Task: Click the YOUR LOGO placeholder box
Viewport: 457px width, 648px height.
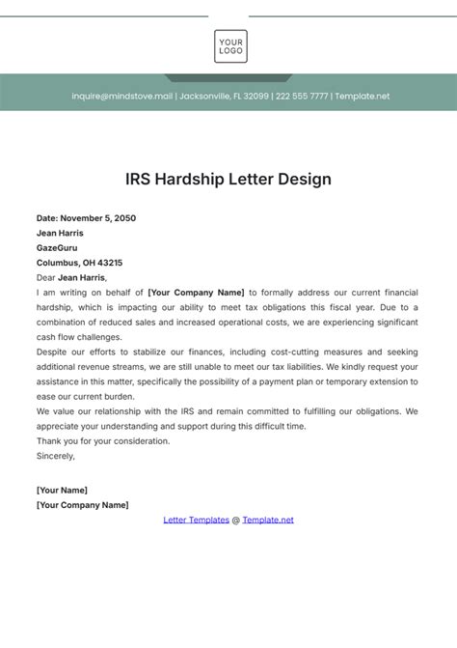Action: (x=230, y=46)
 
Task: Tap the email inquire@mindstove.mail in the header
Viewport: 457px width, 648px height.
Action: (x=121, y=96)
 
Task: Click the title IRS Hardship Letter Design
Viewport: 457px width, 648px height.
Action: (x=228, y=180)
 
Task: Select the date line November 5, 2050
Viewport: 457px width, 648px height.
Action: (x=86, y=218)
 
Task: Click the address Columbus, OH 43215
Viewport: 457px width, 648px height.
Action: (x=79, y=263)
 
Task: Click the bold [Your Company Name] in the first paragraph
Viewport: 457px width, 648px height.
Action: (x=197, y=292)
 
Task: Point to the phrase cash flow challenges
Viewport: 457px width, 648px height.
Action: (x=79, y=337)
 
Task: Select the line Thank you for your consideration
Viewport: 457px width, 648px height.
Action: (x=103, y=441)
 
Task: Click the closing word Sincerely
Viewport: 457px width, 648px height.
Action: (x=56, y=456)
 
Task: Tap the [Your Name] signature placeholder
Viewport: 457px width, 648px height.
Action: (x=62, y=491)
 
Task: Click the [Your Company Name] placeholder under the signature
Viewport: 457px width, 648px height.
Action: (x=82, y=505)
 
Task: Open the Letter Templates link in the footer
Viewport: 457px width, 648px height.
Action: (x=196, y=520)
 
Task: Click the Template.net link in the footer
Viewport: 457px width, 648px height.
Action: (x=268, y=520)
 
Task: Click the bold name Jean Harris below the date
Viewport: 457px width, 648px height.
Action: (x=60, y=233)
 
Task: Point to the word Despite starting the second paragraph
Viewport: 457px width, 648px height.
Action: (x=54, y=352)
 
